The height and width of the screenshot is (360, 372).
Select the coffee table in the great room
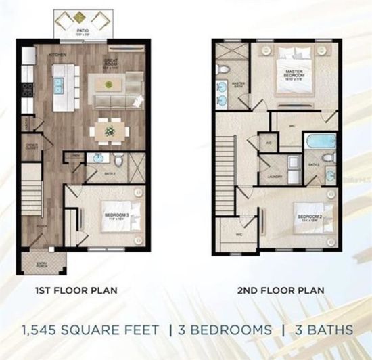pyautogui.click(x=108, y=83)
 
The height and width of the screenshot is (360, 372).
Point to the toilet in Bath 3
pyautogui.click(x=120, y=160)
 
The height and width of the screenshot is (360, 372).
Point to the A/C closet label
pyautogui.click(x=269, y=143)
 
